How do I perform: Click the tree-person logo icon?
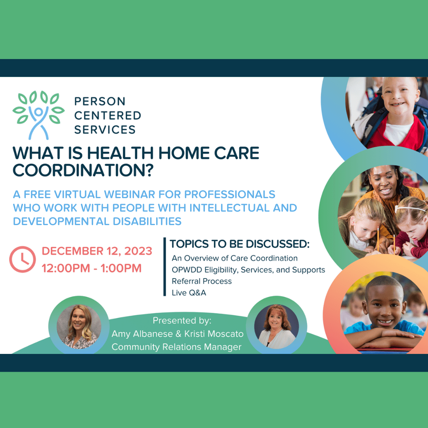(x=38, y=115)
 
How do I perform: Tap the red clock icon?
(x=22, y=259)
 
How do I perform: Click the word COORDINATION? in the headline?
(x=83, y=170)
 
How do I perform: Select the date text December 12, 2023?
(x=97, y=251)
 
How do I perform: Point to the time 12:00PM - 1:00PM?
(x=92, y=268)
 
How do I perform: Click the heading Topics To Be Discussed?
(x=240, y=244)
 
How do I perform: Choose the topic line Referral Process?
(x=202, y=281)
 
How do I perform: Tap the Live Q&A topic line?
(x=189, y=292)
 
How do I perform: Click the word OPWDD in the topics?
(x=187, y=270)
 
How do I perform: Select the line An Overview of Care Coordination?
(x=235, y=258)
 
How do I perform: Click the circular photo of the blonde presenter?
(x=79, y=327)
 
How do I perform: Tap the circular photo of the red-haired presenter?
(x=277, y=327)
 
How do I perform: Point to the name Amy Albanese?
(x=142, y=334)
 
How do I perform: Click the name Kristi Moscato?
(x=214, y=334)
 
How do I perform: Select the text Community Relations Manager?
(x=177, y=347)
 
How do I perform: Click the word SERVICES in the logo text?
(x=105, y=130)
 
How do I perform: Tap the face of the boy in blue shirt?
(x=384, y=304)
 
